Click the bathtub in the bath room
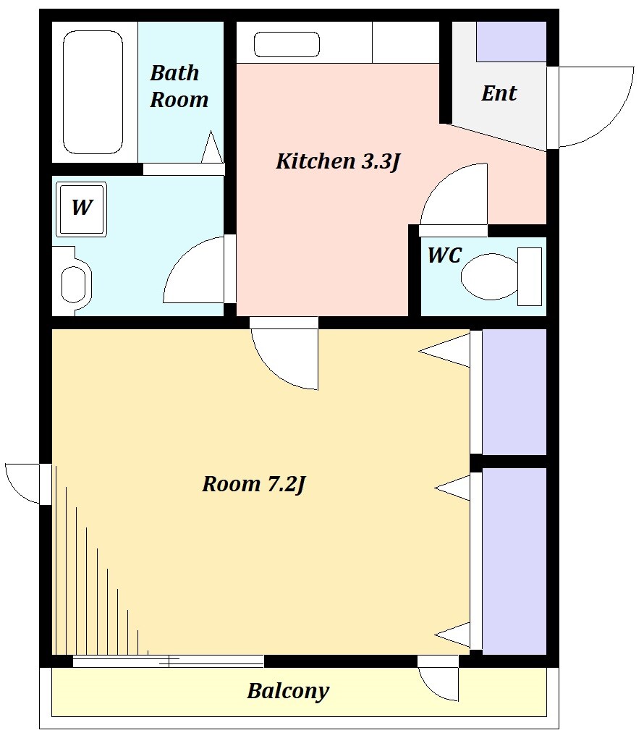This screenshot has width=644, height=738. [x=93, y=93]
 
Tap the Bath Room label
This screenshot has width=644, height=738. [x=179, y=86]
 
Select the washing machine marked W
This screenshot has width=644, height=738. [x=82, y=209]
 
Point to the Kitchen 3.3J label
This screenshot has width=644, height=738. [x=337, y=161]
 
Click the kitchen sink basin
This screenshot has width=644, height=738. [x=287, y=44]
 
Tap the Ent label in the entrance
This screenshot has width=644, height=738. [x=499, y=93]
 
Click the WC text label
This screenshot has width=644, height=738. [x=444, y=255]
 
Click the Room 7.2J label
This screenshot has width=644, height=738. [x=254, y=484]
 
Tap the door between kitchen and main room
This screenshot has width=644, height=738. [x=284, y=353]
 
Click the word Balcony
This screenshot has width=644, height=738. [x=288, y=691]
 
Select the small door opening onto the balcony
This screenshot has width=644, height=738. [x=438, y=679]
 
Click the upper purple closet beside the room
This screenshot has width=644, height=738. [x=514, y=391]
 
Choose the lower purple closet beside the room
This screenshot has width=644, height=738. [x=514, y=561]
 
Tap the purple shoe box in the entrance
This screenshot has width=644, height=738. [x=512, y=41]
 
